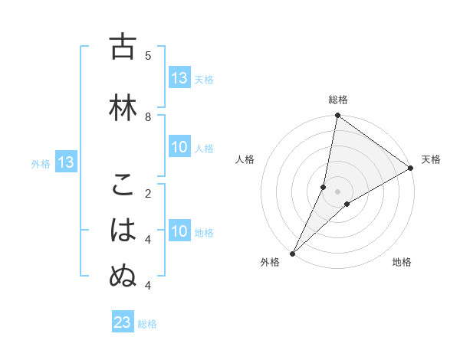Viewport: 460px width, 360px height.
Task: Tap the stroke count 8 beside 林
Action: (x=148, y=116)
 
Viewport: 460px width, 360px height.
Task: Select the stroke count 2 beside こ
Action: (x=148, y=193)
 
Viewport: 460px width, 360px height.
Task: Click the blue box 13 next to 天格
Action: (x=179, y=78)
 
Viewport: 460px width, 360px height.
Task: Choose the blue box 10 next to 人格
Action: (x=179, y=148)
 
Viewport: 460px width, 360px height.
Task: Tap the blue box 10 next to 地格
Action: (x=179, y=232)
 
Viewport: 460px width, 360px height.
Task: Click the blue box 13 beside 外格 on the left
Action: (x=66, y=162)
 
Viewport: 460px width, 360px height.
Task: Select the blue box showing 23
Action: (x=123, y=323)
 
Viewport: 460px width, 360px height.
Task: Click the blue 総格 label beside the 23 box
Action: (x=147, y=324)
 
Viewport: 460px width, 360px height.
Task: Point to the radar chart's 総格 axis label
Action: (x=337, y=100)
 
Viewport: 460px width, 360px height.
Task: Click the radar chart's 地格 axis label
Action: (x=402, y=262)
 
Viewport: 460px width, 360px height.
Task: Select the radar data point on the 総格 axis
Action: (x=337, y=116)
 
